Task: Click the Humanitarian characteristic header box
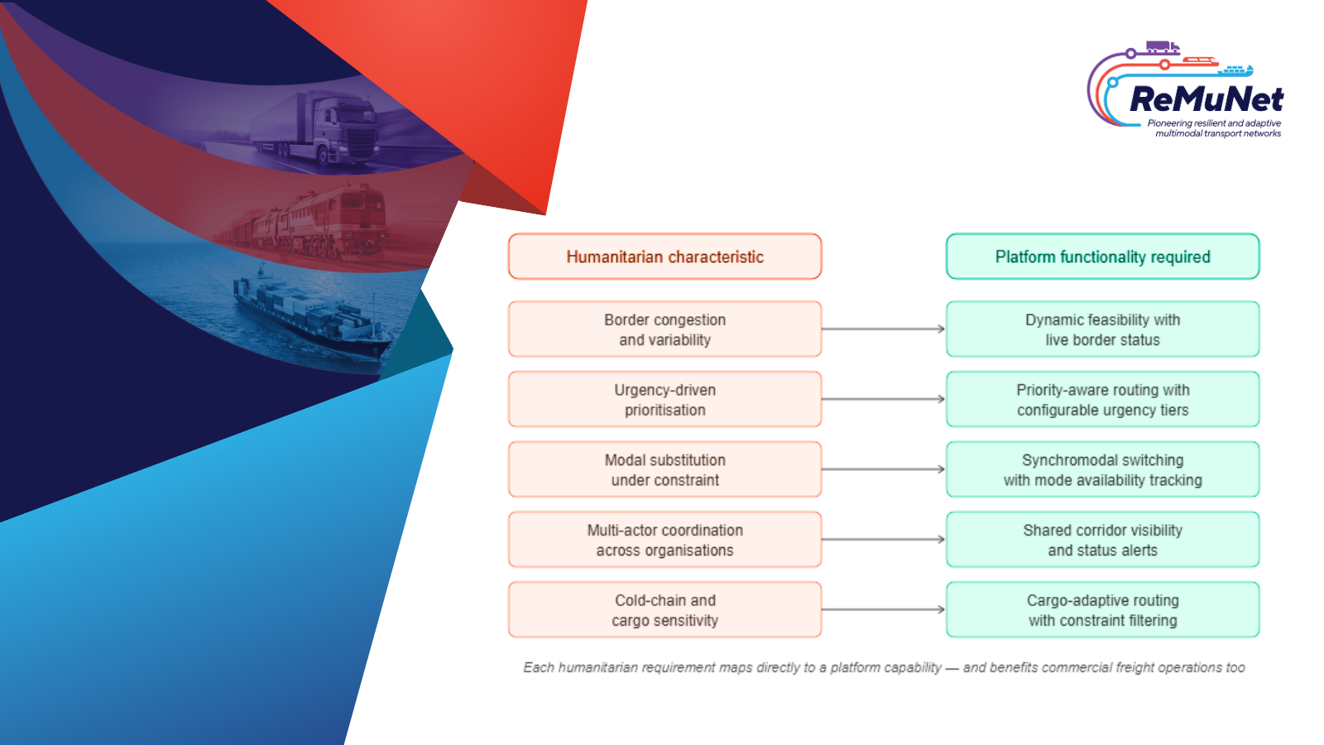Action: click(665, 256)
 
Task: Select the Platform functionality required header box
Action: click(1102, 256)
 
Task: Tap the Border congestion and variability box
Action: click(665, 329)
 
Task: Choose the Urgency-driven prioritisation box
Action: click(665, 399)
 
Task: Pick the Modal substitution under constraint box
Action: click(665, 469)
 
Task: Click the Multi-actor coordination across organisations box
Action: click(665, 539)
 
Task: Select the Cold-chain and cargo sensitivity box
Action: click(665, 609)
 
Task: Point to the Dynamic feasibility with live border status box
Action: click(1102, 329)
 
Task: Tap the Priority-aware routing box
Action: click(1102, 399)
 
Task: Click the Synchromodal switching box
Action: click(1102, 469)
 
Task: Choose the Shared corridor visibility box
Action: click(1102, 539)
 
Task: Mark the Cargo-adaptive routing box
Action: click(1102, 609)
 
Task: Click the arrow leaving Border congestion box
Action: click(884, 329)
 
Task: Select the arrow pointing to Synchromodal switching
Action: click(884, 469)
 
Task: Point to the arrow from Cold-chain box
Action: click(884, 609)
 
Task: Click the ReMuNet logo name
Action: click(1206, 99)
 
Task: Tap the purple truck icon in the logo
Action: click(1163, 47)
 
